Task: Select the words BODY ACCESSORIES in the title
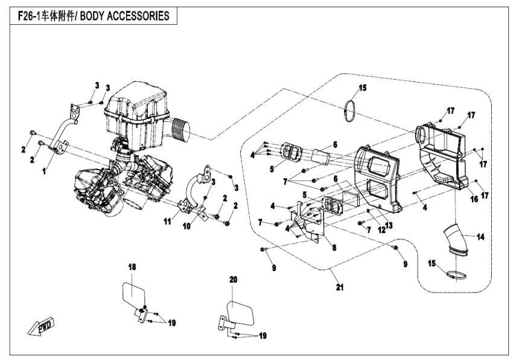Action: tap(128, 16)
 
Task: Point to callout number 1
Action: tap(44, 171)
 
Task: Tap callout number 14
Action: tap(481, 237)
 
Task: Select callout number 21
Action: tap(338, 288)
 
